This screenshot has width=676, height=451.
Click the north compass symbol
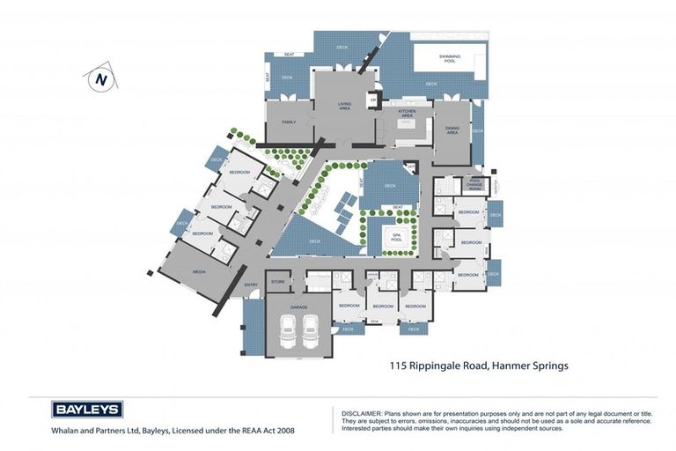coord(100,78)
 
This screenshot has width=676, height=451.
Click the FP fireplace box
coord(373,100)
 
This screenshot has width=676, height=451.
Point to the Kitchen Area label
coord(406,113)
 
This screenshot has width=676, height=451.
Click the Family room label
coord(288,122)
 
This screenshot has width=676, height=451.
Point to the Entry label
coord(252,285)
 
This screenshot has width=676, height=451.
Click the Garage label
coord(298,306)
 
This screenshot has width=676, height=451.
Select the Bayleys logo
coord(87,409)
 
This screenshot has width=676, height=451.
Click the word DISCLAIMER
coord(356,411)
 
